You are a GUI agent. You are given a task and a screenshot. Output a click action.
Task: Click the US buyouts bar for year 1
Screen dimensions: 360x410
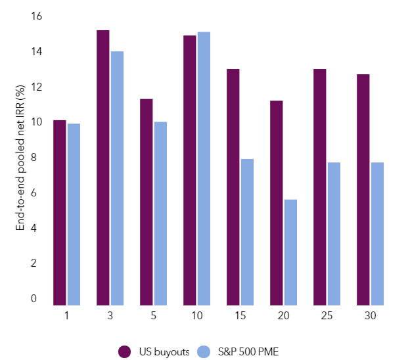[60, 213]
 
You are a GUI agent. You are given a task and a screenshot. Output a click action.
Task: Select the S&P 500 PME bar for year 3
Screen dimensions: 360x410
[117, 178]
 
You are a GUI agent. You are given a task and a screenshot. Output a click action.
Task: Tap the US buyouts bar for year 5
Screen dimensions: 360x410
[147, 202]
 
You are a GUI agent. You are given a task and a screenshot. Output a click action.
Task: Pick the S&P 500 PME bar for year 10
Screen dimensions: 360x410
[204, 168]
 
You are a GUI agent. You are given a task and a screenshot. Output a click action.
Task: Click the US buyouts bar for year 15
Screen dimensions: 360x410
[233, 187]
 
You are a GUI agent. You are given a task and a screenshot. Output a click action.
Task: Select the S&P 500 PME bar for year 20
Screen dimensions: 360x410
[290, 252]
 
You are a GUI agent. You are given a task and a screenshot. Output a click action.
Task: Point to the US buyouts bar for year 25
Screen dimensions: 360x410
[320, 187]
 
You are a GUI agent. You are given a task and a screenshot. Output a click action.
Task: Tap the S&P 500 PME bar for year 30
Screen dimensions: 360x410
[377, 234]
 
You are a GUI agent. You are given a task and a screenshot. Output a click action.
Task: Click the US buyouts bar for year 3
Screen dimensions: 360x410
[103, 168]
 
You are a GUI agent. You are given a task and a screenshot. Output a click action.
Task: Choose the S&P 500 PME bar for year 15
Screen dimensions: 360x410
[247, 232]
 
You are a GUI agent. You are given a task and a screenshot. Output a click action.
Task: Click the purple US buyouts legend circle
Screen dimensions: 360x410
[125, 351]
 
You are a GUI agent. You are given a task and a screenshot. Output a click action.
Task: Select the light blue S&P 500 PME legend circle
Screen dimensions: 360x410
[205, 351]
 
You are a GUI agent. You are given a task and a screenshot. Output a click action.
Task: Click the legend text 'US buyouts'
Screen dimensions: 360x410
[163, 351]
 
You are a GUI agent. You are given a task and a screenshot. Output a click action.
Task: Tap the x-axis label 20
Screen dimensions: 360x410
[283, 316]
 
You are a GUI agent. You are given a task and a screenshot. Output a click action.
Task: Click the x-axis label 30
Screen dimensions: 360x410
[370, 316]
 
